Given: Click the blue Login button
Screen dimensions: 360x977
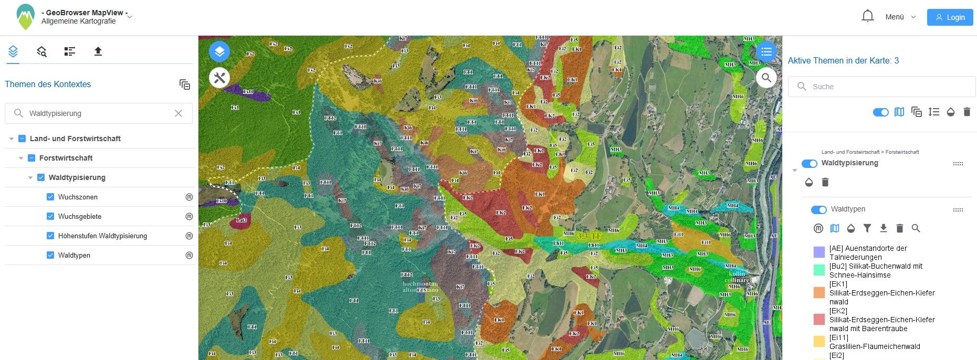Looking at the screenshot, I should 950,17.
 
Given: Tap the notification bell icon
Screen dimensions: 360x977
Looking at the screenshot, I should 867,16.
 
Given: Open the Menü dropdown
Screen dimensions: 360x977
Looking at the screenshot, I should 900,17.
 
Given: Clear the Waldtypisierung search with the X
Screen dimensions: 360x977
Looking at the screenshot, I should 178,113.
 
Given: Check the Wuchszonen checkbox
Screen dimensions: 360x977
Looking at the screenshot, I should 50,197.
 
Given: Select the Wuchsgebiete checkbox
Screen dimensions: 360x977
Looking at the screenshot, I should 50,216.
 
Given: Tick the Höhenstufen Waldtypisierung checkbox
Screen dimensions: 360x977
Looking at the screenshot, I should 50,236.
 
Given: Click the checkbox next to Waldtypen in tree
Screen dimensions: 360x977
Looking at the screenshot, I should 50,255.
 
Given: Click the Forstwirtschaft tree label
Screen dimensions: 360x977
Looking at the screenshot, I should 66,158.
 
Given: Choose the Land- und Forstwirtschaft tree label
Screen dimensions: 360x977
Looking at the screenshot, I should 75,139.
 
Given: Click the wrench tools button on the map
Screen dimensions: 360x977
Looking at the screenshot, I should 219,78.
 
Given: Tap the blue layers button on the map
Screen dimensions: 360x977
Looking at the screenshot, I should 219,51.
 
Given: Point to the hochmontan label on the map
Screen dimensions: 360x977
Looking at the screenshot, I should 419,284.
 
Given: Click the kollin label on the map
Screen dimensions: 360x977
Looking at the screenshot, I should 737,273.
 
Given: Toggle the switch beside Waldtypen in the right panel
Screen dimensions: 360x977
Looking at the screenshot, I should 818,209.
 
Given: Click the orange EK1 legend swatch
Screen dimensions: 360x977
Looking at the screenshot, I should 819,293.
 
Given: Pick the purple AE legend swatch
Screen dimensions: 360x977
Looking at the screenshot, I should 819,252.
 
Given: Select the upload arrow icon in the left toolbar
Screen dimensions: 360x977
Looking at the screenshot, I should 98,51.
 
